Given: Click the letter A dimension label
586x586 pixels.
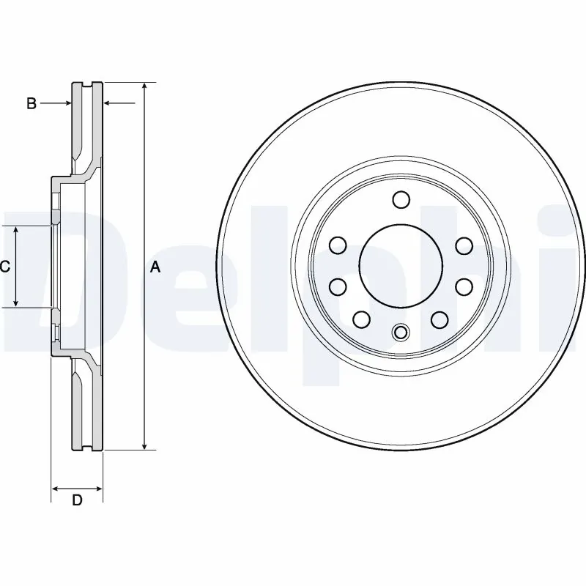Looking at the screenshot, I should pyautogui.click(x=155, y=267).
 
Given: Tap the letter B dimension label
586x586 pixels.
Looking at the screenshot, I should pyautogui.click(x=31, y=104).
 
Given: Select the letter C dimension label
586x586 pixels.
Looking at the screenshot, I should pyautogui.click(x=4, y=267).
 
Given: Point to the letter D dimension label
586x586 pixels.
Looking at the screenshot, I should pyautogui.click(x=76, y=501).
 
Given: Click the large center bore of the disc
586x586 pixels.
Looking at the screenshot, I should pyautogui.click(x=399, y=266).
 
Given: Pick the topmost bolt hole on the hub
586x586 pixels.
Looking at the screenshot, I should pyautogui.click(x=400, y=200).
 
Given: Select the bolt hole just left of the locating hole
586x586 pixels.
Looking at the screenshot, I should pyautogui.click(x=361, y=319).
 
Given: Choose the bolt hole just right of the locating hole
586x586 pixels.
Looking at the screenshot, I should pyautogui.click(x=439, y=319).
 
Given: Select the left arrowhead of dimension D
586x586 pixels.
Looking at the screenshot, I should pyautogui.click(x=56, y=489).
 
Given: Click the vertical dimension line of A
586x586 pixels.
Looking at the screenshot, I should pyautogui.click(x=145, y=183).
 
